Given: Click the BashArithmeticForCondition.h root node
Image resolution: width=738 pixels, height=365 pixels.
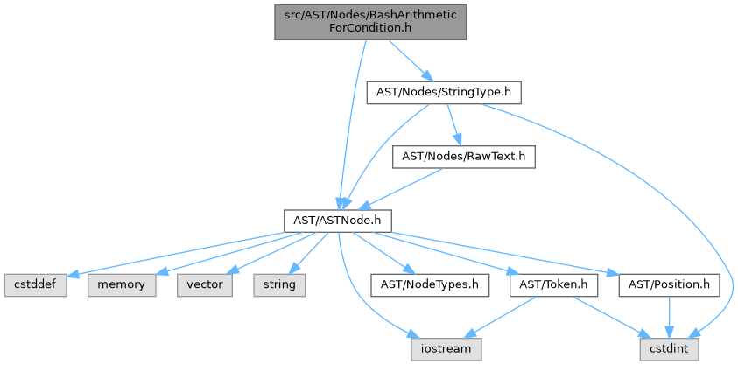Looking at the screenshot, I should (x=370, y=22).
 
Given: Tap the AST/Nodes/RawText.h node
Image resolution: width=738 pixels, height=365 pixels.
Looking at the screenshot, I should (x=463, y=157).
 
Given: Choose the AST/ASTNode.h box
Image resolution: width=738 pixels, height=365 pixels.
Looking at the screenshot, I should (x=337, y=220).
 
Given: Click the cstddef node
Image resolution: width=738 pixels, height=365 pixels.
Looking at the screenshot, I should (x=34, y=284).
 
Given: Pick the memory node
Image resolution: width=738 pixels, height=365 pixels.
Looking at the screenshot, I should (x=121, y=284).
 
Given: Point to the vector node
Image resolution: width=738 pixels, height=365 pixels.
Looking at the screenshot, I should (x=204, y=284).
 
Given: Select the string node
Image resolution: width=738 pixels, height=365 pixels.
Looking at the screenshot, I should (x=280, y=284).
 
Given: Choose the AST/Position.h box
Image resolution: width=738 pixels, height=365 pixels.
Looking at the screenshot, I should (x=670, y=284).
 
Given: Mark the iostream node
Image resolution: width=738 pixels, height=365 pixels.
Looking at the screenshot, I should (x=442, y=348).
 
